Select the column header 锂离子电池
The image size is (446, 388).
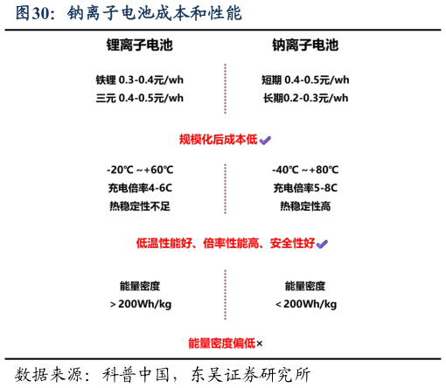[140, 45]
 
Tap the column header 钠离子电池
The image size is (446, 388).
[305, 45]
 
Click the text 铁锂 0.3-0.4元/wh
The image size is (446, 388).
[140, 80]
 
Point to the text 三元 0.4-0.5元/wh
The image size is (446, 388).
[140, 98]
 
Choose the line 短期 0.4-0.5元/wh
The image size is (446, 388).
[305, 80]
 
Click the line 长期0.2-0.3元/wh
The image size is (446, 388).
[306, 98]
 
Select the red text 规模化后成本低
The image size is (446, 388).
[219, 140]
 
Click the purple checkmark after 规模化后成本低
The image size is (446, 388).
[265, 141]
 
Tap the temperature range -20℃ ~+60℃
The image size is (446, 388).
[140, 170]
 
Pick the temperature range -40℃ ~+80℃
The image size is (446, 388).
[305, 170]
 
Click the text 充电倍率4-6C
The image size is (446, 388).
[140, 188]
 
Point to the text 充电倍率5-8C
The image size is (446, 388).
[305, 188]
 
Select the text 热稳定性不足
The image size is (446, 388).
[140, 206]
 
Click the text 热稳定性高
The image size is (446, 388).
[305, 206]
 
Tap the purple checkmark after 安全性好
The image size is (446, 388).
[322, 244]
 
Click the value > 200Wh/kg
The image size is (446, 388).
[141, 304]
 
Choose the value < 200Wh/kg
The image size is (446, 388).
[306, 304]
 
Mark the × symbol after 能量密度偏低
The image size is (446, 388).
[260, 343]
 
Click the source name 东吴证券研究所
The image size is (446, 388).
[251, 375]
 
